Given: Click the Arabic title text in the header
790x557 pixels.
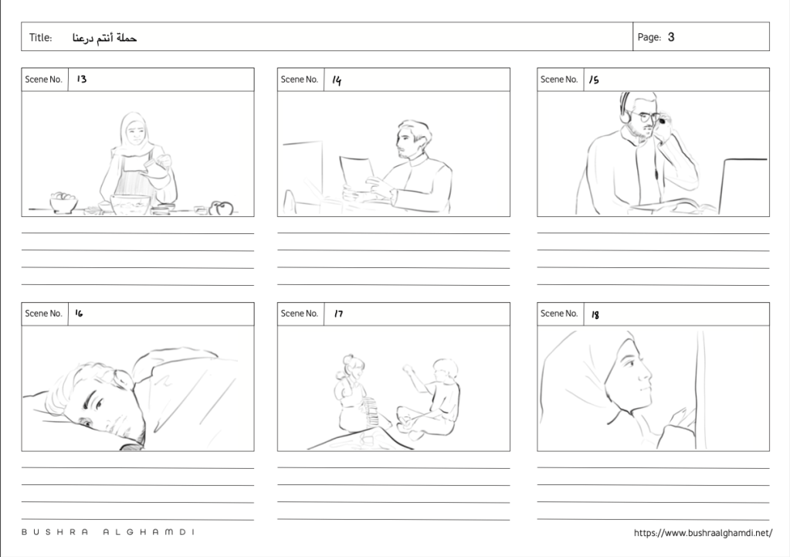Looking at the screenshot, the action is point(104,38).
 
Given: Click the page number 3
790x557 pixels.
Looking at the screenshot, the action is point(671,37).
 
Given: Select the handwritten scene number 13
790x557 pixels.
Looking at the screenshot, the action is point(82,79).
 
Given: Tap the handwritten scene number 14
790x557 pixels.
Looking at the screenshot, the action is point(337,80).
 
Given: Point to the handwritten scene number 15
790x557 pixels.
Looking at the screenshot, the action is point(594,80).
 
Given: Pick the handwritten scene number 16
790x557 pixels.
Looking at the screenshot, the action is point(79,313).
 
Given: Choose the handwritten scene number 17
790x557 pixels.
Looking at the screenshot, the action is point(338,314).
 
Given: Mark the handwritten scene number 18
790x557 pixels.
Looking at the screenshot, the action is point(595,314).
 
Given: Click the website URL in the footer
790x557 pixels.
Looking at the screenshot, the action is point(703,533).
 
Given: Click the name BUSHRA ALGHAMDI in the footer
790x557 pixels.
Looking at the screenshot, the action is point(108,532).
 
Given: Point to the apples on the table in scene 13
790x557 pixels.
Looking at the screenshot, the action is point(221,208).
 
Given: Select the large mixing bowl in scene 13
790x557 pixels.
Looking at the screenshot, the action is point(131,204).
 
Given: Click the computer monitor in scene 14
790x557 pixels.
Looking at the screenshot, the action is point(303,172).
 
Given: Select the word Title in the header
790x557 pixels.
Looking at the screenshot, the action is point(40,37).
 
